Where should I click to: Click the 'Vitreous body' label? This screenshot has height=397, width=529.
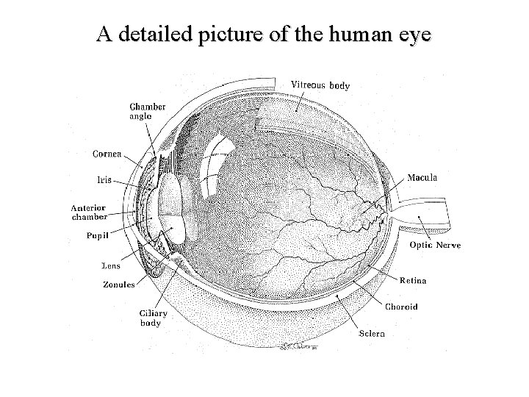pos(321,85)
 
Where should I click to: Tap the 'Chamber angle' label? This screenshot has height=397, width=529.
pos(147,111)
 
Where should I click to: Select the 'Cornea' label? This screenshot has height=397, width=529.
pos(107,154)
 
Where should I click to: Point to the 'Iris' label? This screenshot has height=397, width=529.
pos(104,179)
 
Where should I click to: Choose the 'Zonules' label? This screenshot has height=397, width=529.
pos(118,285)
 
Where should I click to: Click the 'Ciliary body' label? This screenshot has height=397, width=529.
pos(153,318)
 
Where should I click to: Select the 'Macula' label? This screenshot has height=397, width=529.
pos(422,177)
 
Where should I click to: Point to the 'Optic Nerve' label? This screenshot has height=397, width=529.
pos(435,245)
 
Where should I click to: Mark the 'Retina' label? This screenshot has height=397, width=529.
pos(412,281)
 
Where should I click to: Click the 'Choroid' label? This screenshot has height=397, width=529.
pos(401,307)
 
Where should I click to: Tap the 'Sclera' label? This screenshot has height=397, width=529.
pos(371,334)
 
